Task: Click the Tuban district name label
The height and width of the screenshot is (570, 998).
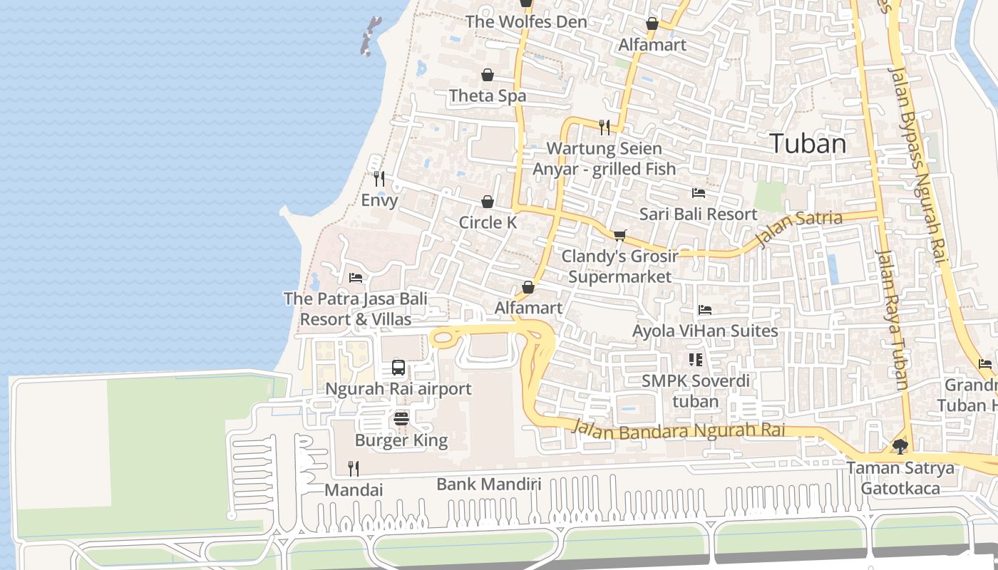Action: (808, 144)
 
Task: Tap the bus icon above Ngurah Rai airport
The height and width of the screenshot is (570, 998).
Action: (398, 368)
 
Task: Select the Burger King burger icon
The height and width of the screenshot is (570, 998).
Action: (401, 418)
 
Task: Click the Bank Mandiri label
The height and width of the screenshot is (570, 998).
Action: (488, 484)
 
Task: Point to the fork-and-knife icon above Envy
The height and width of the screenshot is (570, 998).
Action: (379, 179)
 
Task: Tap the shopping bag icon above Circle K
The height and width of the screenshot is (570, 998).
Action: (488, 202)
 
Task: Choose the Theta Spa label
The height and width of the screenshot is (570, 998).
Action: (488, 95)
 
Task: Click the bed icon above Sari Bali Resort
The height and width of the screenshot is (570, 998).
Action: (699, 193)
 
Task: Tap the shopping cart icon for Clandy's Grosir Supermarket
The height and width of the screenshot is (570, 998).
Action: (619, 235)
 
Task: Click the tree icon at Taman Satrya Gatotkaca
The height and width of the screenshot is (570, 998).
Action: (900, 447)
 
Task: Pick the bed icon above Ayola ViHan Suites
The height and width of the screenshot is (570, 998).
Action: (705, 310)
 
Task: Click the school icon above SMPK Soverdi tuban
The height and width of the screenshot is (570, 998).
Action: (695, 360)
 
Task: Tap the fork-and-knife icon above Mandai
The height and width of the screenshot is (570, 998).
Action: (353, 468)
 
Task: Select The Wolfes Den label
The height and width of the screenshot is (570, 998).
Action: (526, 21)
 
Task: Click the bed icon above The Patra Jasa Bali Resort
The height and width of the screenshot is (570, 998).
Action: (356, 277)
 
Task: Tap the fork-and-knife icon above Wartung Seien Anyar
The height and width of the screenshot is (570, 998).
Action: (605, 128)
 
